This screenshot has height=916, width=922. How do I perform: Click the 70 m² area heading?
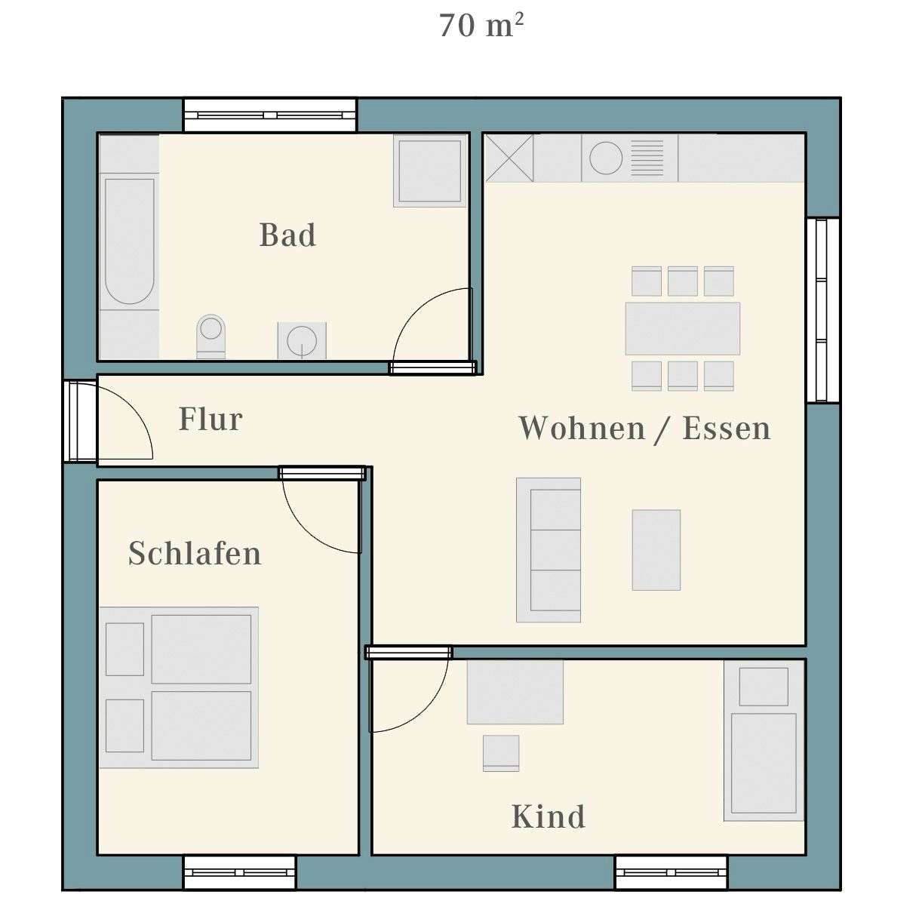click(481, 26)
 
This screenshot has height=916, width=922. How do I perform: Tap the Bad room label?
click(287, 235)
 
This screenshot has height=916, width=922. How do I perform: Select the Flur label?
click(211, 420)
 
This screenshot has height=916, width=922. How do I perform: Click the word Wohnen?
click(582, 428)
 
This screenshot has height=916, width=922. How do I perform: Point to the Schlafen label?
click(195, 553)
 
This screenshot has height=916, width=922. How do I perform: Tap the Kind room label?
click(548, 816)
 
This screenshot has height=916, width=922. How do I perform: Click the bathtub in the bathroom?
click(129, 241)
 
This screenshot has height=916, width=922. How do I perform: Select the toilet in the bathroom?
click(211, 334)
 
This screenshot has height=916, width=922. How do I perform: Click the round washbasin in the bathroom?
click(302, 340)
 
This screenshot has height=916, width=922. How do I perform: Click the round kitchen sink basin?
click(606, 158)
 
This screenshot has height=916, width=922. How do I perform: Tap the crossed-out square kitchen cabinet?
click(509, 158)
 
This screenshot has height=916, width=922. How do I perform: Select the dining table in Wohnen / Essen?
click(682, 328)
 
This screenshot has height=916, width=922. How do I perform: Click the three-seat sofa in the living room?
click(549, 550)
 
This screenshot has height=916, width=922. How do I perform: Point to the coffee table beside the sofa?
click(656, 550)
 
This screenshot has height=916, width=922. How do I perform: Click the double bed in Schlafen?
click(180, 687)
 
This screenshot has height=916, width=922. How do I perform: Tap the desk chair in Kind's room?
click(501, 753)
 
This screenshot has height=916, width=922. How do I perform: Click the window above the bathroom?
click(269, 115)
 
